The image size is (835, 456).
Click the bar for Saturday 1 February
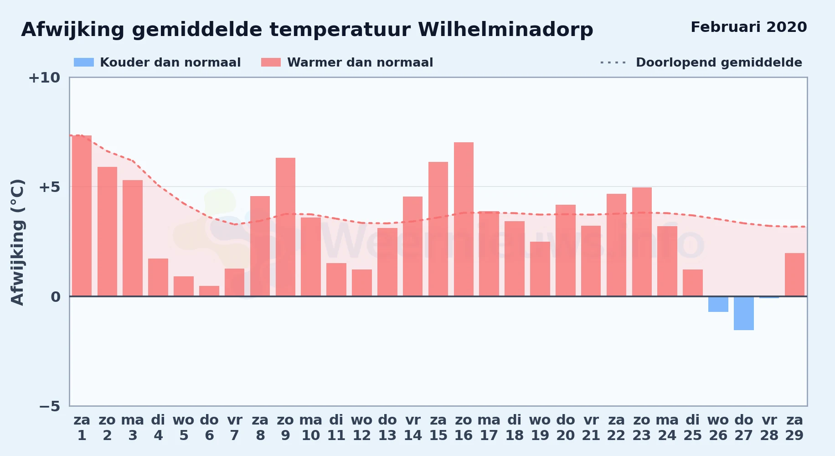click(x=82, y=216)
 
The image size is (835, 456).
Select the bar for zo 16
click(x=464, y=219)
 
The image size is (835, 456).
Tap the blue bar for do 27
click(x=743, y=313)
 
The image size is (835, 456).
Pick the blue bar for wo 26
click(x=718, y=304)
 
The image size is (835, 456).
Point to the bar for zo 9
click(x=285, y=227)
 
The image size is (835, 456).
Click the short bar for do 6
click(x=209, y=291)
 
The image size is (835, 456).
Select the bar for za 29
click(x=794, y=275)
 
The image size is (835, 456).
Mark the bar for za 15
click(x=438, y=229)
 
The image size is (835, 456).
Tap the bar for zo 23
click(x=642, y=242)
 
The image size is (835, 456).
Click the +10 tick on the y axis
click(x=44, y=78)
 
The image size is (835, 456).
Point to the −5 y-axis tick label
click(x=50, y=406)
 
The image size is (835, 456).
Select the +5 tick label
click(x=50, y=187)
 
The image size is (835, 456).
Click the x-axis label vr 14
click(x=413, y=428)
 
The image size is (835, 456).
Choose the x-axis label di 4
click(x=158, y=428)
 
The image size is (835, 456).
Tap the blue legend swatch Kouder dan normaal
click(x=84, y=62)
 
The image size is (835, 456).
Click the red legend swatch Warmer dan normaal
click(x=271, y=62)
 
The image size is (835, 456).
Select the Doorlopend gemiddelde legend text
click(x=719, y=62)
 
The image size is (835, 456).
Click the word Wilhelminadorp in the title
click(x=505, y=30)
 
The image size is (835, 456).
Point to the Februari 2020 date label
click(x=749, y=27)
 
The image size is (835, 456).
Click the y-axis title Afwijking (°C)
click(x=17, y=242)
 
